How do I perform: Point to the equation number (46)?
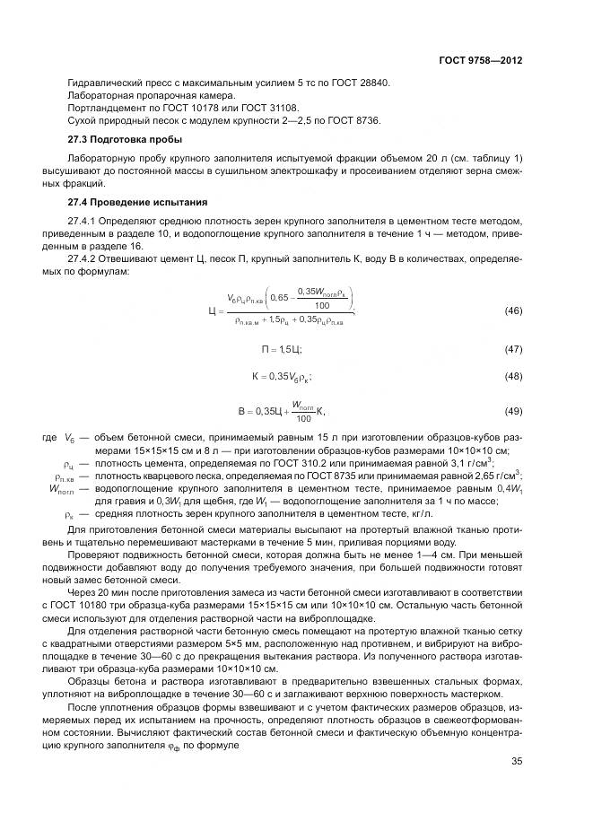tap(513, 310)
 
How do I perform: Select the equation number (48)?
tap(513, 376)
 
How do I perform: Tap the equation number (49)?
tap(513, 411)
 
